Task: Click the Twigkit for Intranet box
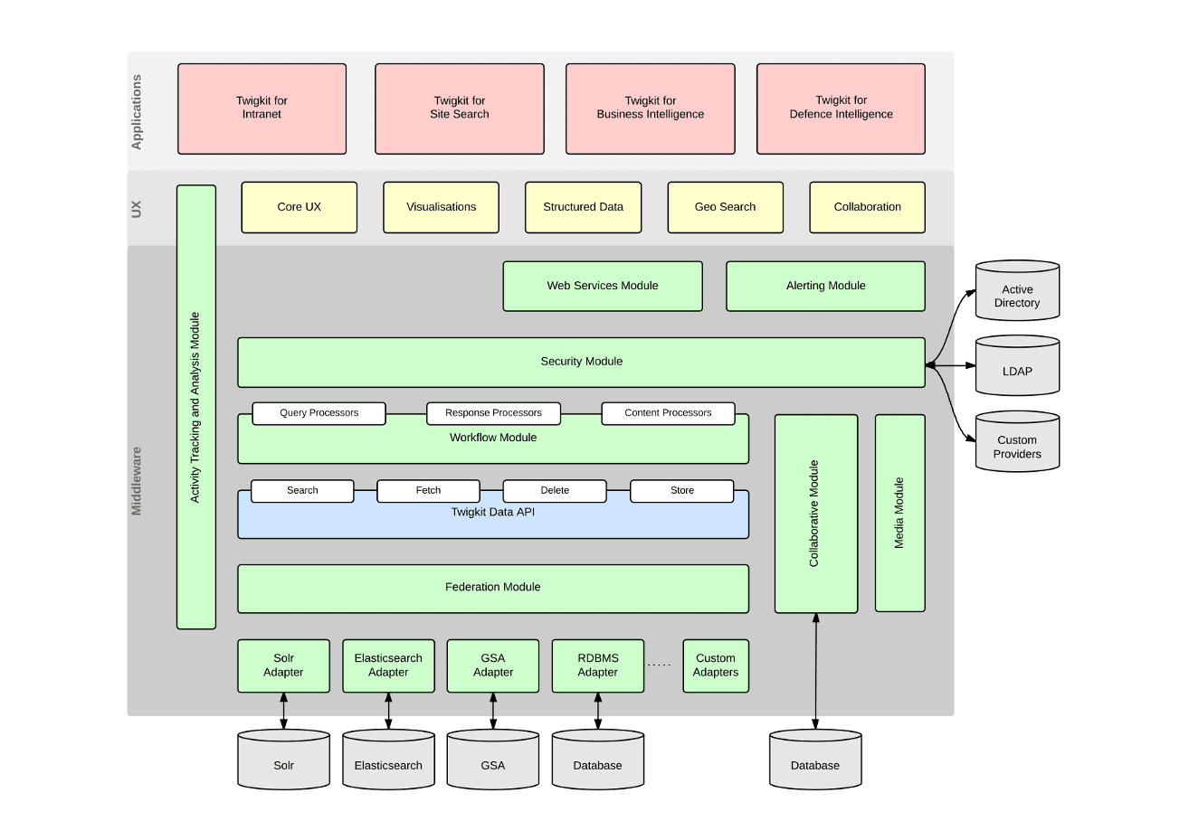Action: tap(262, 109)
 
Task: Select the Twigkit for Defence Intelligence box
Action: tap(841, 109)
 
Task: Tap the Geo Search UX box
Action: tap(725, 207)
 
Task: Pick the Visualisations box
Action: tap(441, 207)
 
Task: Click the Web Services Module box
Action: tap(602, 286)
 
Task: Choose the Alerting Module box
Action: tap(825, 286)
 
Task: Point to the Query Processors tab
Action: tap(319, 413)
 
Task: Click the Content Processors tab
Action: tap(668, 413)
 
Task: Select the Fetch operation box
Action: tap(428, 491)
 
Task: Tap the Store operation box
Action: tap(681, 491)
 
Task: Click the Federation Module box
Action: tap(492, 588)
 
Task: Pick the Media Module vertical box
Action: tap(899, 513)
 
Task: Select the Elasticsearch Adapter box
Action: tap(388, 665)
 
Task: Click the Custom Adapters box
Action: tap(715, 665)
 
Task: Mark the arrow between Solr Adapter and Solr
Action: tap(283, 711)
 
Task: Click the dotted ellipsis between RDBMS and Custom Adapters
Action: tap(660, 665)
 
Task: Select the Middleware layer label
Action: tap(137, 480)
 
